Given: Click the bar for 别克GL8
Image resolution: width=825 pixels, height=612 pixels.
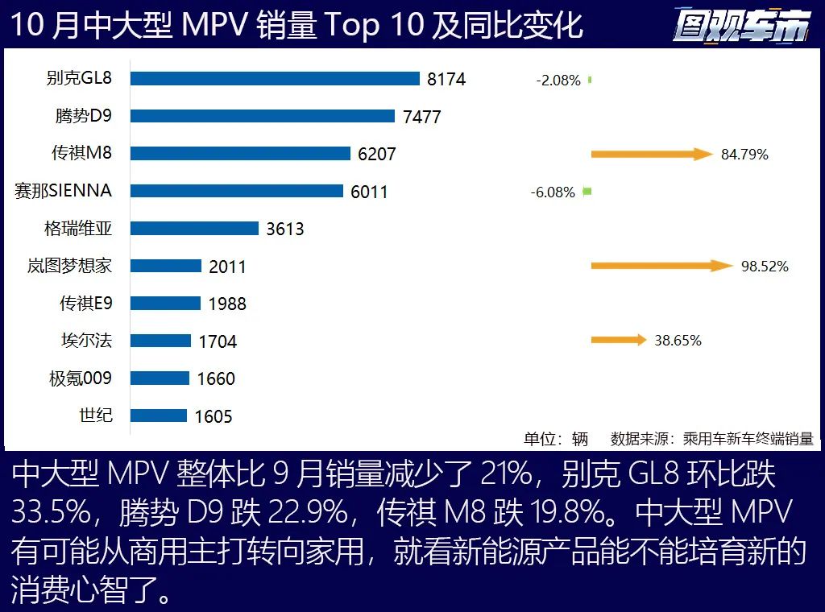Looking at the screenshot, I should point(275,78).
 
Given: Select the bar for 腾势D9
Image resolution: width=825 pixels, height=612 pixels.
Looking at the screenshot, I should point(262,116).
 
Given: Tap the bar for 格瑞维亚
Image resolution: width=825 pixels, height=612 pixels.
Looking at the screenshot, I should point(194,228).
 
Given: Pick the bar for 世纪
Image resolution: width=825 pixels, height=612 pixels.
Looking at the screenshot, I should point(159,416).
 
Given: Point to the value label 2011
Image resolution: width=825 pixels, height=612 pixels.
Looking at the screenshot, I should point(227,267).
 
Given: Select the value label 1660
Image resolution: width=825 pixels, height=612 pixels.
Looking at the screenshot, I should point(216,378).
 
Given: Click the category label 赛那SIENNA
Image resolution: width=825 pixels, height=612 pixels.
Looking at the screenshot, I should point(63,191).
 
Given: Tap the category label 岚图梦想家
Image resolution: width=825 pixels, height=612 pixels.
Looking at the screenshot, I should point(69,266).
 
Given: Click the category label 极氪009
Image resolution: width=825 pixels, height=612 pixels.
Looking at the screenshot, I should point(81,378).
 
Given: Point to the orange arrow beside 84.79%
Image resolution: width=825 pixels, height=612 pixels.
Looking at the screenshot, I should point(652,154).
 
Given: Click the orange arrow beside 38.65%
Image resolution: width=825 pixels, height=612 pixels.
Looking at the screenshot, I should point(618,340).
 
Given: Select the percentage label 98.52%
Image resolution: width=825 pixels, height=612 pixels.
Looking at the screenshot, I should point(765,266).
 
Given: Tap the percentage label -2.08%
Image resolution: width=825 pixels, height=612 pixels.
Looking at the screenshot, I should point(558,81).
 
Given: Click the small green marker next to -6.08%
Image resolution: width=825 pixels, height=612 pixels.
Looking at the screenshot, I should point(587,192).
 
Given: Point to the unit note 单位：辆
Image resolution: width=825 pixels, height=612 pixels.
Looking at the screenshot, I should point(556,439).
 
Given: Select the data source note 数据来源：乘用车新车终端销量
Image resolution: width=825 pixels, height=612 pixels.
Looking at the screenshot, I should point(711,439).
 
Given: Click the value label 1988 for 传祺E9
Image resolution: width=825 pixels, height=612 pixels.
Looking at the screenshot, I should point(227,304).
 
